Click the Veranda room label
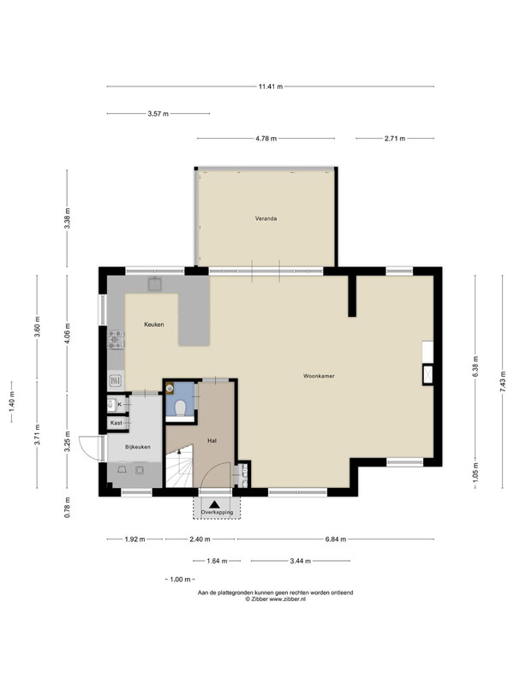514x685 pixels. coord(266,218)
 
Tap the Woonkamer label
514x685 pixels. coord(319,376)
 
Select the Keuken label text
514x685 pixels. coord(154,325)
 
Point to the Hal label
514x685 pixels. coord(212,441)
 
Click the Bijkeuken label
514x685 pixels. coord(138,447)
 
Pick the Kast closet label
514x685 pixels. coord(117,423)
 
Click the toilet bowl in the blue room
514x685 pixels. coord(180,408)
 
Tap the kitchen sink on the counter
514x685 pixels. coord(155,284)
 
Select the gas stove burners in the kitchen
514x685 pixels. coord(116,340)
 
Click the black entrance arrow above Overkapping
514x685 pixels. coord(215,504)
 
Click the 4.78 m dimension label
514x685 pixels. coord(266,139)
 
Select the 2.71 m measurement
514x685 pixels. coord(395,139)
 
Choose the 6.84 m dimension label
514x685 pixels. coord(336,539)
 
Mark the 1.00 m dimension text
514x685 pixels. coord(180,580)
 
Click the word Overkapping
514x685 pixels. coord(217,512)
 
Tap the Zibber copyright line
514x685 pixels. coord(275,599)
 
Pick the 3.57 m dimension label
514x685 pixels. coord(158,114)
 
